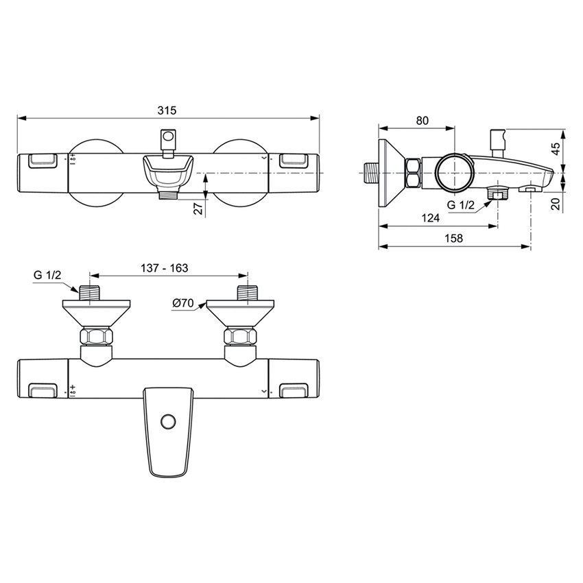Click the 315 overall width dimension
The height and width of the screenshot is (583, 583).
tap(167, 110)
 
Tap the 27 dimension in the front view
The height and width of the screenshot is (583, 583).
tap(198, 209)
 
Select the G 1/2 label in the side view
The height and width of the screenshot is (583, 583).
tap(460, 204)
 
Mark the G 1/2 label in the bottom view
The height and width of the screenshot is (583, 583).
tap(48, 275)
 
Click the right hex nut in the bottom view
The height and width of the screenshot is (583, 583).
tap(239, 337)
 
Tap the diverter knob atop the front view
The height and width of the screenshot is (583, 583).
tap(167, 140)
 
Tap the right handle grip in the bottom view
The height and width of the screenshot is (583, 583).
tap(292, 390)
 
